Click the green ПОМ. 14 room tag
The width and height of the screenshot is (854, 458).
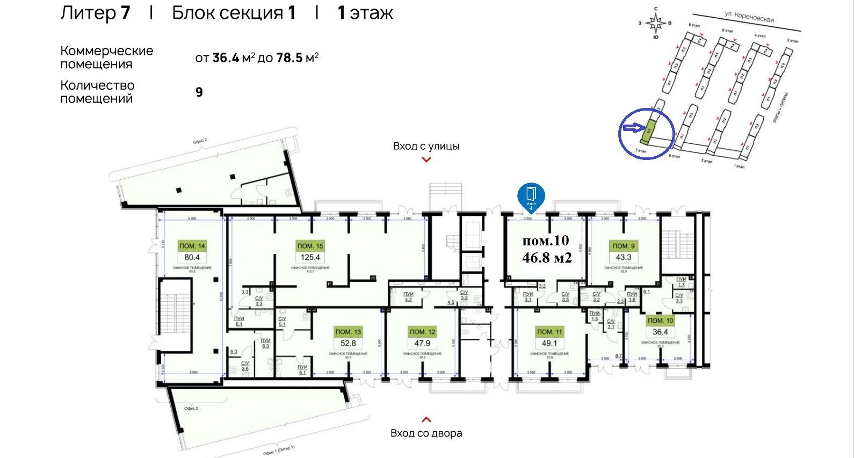point(192,246)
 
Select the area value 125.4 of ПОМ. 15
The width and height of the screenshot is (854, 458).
point(310,257)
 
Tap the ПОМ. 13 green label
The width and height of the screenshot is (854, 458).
point(348,332)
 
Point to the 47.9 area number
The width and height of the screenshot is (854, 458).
point(422,344)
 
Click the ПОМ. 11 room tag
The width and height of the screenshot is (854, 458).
point(549,332)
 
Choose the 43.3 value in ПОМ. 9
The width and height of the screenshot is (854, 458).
point(623,257)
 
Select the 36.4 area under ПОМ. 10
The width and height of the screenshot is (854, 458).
point(660,332)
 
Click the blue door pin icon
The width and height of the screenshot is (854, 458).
point(531,196)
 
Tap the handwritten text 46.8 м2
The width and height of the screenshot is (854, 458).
point(547,258)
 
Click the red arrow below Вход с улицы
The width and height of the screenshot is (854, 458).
point(426,159)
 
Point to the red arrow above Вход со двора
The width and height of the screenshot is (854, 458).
point(426,419)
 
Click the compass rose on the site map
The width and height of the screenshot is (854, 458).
point(655,23)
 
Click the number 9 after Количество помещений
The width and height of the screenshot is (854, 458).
point(199,92)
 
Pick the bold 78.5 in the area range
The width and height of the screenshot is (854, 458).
point(290,58)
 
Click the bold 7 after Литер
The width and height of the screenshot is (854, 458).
point(125,12)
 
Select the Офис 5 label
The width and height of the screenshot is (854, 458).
point(191,409)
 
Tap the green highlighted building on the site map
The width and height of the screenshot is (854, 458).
point(649,130)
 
